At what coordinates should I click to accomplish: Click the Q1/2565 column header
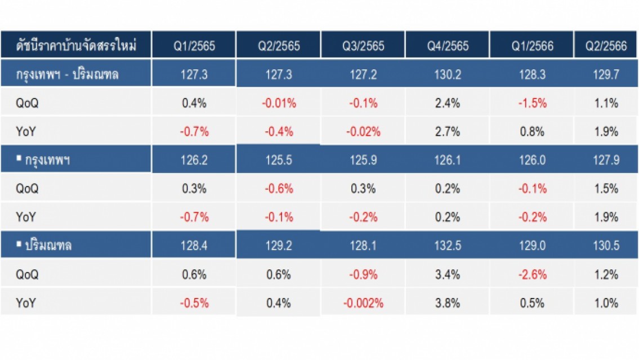194,46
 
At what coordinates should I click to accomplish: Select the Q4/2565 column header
448,46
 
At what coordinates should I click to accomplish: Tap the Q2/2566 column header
606,46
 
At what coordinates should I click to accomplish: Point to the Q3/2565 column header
363,46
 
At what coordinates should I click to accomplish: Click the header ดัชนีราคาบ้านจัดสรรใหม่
76,45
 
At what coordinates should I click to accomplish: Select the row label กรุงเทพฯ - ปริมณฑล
67,74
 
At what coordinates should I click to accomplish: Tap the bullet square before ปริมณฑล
19,244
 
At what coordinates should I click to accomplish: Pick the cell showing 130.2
448,74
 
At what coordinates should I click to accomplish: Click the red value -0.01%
279,103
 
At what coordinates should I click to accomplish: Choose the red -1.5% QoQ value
532,103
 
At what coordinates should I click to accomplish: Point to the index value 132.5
448,246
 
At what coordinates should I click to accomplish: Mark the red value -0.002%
363,303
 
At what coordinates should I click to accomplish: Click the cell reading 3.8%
448,303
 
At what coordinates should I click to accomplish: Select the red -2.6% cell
532,274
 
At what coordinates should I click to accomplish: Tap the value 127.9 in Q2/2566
606,160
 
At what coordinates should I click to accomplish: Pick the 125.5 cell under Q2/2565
279,160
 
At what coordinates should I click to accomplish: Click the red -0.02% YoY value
363,132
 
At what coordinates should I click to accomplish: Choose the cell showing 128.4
194,246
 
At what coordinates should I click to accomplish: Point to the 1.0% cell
606,303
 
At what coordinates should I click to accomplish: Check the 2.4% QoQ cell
448,103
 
